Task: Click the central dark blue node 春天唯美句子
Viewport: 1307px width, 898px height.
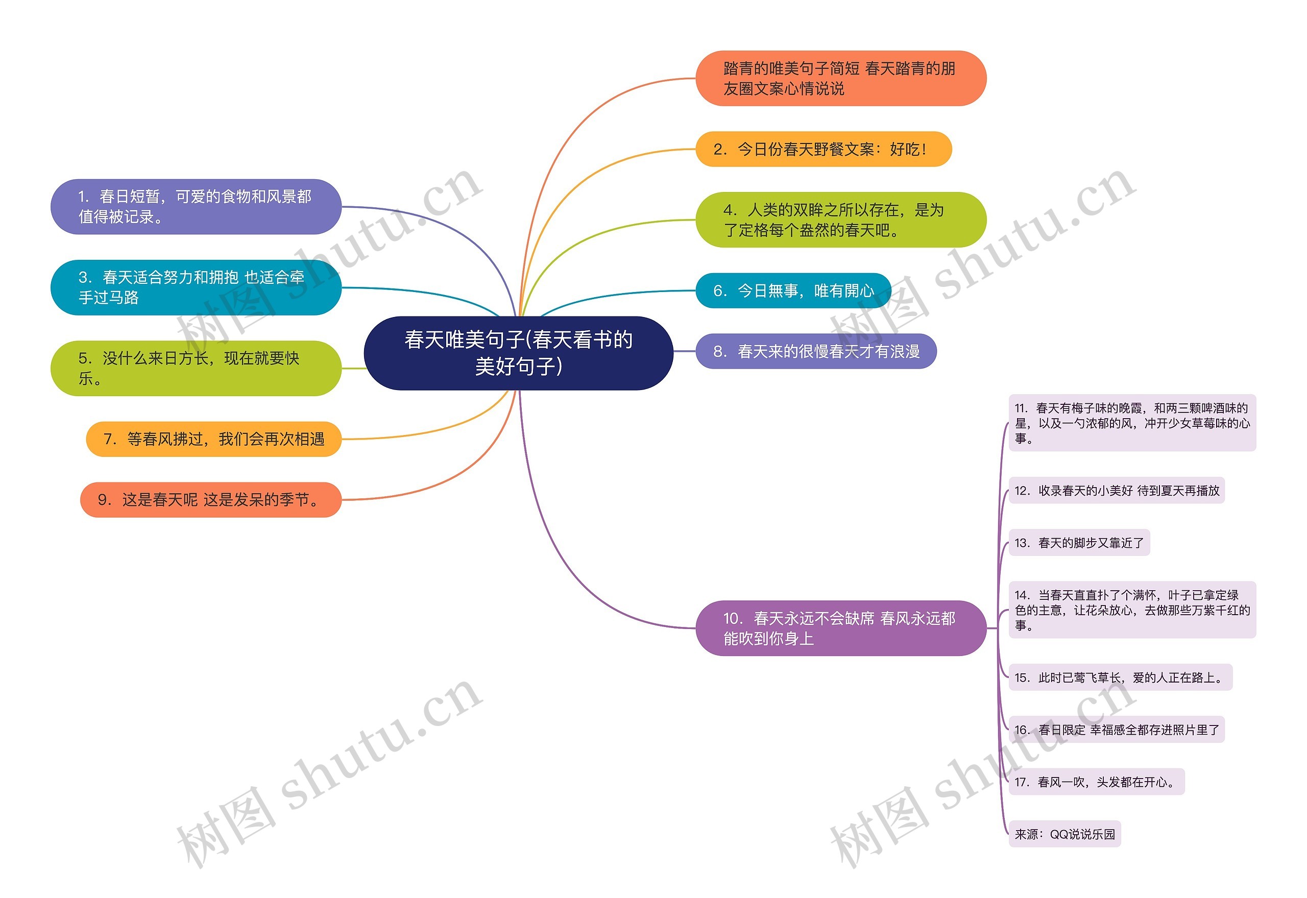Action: pyautogui.click(x=518, y=353)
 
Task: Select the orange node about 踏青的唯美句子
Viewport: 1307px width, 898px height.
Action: pyautogui.click(x=840, y=78)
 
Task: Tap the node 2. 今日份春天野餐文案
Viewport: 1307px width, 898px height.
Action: pyautogui.click(x=823, y=149)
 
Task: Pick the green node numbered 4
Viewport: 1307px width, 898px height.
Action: pyautogui.click(x=840, y=220)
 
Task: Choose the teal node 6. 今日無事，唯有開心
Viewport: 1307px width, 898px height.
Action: pyautogui.click(x=793, y=290)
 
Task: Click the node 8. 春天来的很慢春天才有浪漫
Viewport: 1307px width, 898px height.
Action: pyautogui.click(x=816, y=351)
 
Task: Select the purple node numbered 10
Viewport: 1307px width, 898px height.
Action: pyautogui.click(x=840, y=628)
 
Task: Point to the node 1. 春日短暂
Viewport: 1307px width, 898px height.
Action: pyautogui.click(x=196, y=206)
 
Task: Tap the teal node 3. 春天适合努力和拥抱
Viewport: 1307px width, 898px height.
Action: pyautogui.click(x=196, y=287)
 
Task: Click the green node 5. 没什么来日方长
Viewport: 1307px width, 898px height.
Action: pyautogui.click(x=196, y=368)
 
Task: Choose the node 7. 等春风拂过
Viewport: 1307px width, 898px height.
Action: pyautogui.click(x=214, y=439)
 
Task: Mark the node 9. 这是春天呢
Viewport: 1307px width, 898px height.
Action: pyautogui.click(x=210, y=500)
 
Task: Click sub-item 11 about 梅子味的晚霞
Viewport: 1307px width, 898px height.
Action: pyautogui.click(x=1131, y=423)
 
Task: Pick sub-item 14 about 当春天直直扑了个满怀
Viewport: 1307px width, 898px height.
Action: pyautogui.click(x=1131, y=610)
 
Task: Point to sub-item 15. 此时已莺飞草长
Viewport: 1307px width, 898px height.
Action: pyautogui.click(x=1120, y=677)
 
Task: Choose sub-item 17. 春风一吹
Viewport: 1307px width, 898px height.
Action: pyautogui.click(x=1096, y=782)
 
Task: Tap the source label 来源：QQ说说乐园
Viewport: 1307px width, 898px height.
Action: pyautogui.click(x=1064, y=834)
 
